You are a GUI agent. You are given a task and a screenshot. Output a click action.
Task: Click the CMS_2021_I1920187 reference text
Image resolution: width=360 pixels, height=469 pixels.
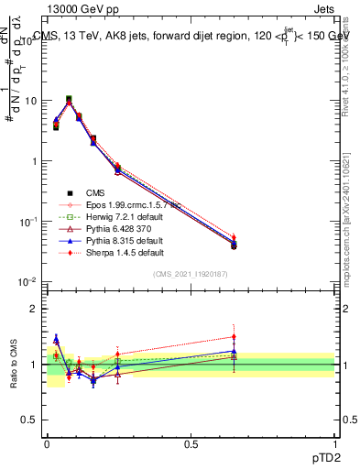pos(191,274)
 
